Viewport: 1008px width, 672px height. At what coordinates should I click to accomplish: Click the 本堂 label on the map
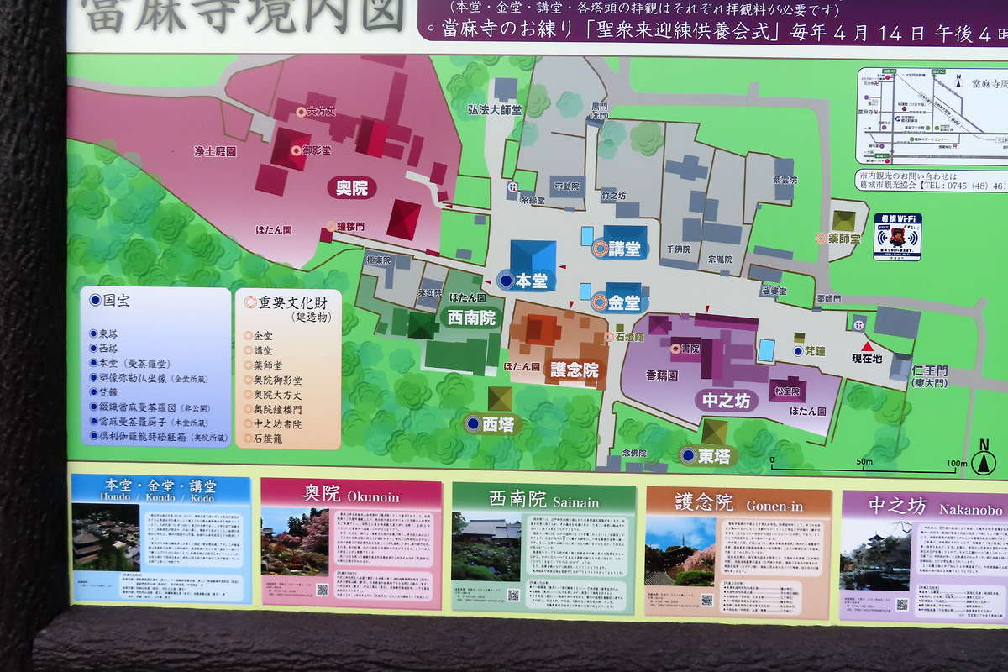531,281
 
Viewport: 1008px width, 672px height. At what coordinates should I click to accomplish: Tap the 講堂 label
624,249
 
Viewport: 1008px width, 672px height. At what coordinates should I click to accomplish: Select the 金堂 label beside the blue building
624,302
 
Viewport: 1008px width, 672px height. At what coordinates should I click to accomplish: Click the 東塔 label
715,456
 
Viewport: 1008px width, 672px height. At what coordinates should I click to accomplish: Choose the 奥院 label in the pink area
352,188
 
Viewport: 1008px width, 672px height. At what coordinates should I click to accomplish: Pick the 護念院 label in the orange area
575,370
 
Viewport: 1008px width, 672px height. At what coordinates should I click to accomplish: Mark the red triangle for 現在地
866,346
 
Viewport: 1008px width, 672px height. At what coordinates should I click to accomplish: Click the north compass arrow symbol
984,461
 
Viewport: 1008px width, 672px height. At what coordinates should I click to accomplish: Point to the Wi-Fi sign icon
897,236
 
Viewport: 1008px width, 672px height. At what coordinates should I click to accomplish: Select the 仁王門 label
930,370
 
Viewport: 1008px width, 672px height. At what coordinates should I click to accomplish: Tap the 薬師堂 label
843,239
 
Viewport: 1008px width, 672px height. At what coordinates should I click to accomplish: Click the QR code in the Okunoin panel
323,590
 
